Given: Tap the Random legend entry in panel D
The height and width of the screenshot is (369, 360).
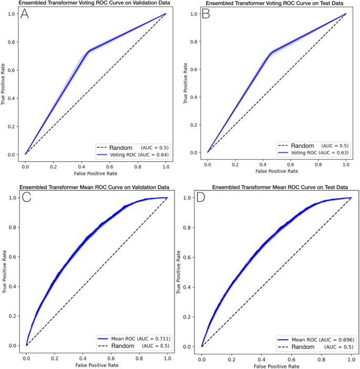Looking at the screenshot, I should [x=305, y=347].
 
